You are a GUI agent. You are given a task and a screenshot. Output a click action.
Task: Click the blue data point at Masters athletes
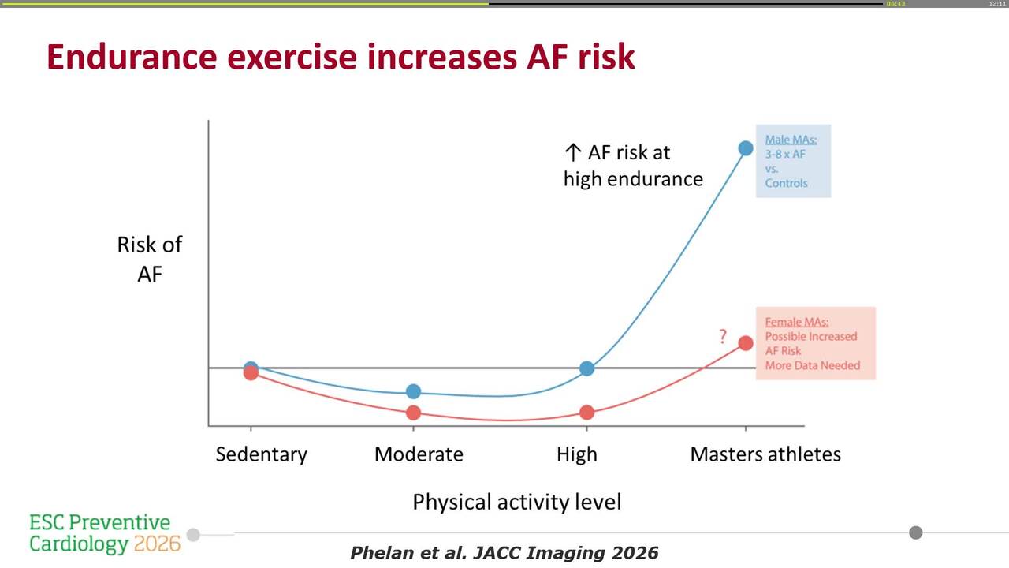click(x=745, y=148)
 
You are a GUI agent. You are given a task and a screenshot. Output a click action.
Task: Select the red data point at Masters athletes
click(x=745, y=342)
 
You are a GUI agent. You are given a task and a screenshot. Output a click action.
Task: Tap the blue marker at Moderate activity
click(x=413, y=391)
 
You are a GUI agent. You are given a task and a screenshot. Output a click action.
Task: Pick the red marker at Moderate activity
click(x=413, y=413)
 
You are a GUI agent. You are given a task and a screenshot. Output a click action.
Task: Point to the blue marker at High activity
click(x=586, y=368)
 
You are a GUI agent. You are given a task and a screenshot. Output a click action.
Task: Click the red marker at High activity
click(x=586, y=413)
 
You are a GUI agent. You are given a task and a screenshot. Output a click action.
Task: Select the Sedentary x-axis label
click(x=261, y=454)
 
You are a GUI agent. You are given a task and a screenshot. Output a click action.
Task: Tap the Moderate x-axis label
click(x=419, y=454)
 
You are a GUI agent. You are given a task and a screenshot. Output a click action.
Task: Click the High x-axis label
click(x=576, y=454)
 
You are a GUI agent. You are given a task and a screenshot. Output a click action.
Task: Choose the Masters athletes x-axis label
click(x=765, y=454)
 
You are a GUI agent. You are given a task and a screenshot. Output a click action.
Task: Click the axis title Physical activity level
click(x=516, y=502)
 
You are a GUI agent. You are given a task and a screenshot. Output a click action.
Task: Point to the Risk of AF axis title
click(x=149, y=259)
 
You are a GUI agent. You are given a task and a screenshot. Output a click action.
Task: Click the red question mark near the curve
click(x=722, y=337)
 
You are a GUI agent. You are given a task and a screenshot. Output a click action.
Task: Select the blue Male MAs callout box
click(x=792, y=161)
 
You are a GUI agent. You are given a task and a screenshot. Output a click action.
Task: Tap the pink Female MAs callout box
click(x=815, y=343)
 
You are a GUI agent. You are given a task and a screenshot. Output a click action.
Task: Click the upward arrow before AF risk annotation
click(x=572, y=152)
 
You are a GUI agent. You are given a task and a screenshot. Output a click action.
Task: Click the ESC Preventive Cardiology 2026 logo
click(x=104, y=533)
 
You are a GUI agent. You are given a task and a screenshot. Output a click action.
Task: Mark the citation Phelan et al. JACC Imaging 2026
click(x=504, y=553)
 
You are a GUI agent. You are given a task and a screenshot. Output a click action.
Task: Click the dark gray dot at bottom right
click(x=915, y=532)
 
